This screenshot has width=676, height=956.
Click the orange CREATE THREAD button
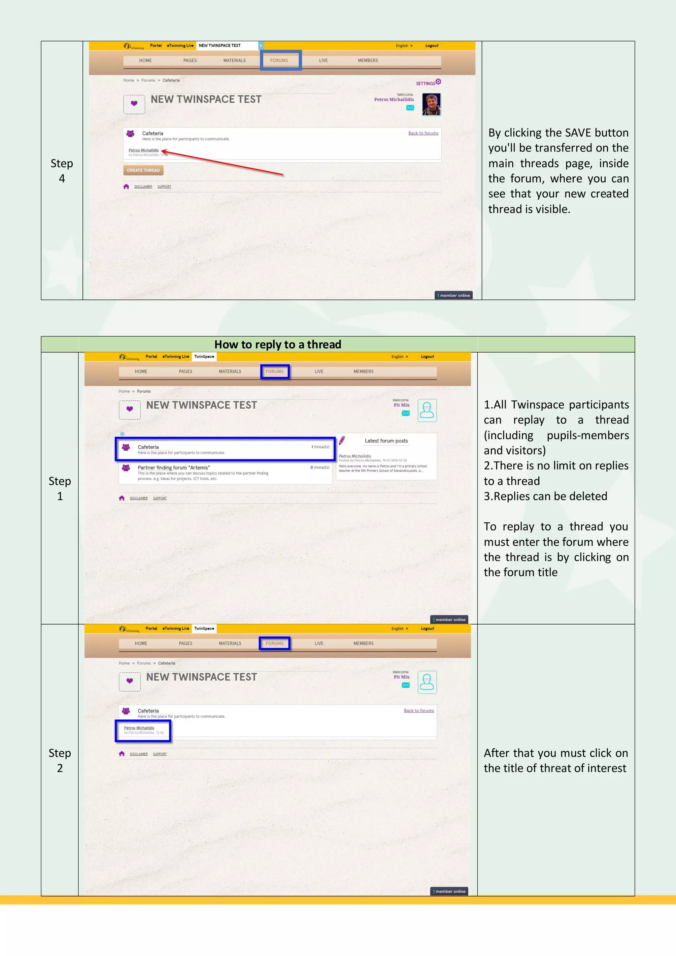143,170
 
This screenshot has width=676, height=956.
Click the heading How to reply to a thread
278,344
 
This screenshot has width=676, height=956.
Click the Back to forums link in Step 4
423,133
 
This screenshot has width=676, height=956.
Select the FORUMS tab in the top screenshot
279,60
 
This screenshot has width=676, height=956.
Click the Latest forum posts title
386,440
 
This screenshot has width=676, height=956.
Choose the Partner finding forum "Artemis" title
174,467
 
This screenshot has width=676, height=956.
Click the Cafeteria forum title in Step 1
148,447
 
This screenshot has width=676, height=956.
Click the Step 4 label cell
62,171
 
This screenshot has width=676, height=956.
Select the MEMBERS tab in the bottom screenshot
363,643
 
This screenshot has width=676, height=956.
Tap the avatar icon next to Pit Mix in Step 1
427,411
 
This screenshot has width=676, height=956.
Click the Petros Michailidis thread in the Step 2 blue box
139,728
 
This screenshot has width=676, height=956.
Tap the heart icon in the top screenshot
134,104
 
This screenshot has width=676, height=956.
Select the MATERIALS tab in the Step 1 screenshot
230,371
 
